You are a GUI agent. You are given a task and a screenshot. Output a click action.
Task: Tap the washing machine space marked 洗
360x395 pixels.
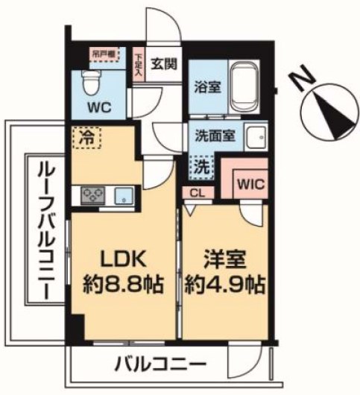click(200, 166)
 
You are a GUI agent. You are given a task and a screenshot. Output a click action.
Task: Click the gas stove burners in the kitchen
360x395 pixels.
click(93, 195)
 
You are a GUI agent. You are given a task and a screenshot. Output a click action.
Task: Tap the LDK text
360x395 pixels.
click(125, 260)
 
